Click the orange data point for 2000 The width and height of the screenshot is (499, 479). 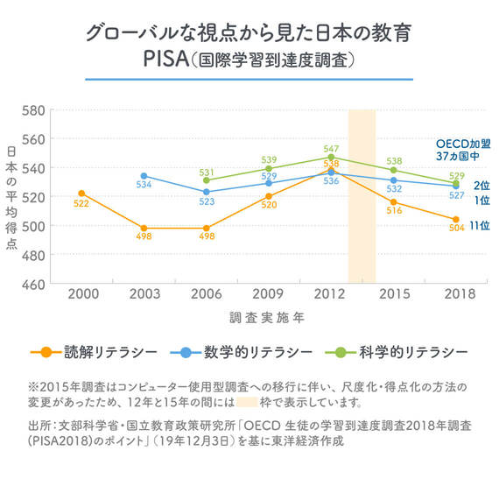coord(81,194)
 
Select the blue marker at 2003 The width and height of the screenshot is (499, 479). coord(144,176)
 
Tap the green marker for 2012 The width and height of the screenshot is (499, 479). coord(331,157)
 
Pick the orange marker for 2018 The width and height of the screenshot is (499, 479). coord(456,220)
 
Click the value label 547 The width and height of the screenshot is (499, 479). coord(331,149)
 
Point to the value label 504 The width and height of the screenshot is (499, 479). coord(457,228)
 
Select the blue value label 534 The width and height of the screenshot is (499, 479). coord(144,185)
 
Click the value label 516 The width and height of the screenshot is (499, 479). coord(394,210)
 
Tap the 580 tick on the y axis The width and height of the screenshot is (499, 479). coord(33,110)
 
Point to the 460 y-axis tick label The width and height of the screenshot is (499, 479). coord(33,285)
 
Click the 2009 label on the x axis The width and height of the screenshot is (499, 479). coord(268,294)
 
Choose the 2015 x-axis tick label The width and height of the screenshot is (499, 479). coord(394,294)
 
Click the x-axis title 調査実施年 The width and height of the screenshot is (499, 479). coord(267,318)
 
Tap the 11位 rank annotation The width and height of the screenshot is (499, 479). coord(480,226)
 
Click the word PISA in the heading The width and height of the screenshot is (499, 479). coord(166,59)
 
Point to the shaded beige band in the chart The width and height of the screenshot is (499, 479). coord(362,196)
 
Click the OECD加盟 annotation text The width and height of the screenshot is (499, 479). coord(463,144)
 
